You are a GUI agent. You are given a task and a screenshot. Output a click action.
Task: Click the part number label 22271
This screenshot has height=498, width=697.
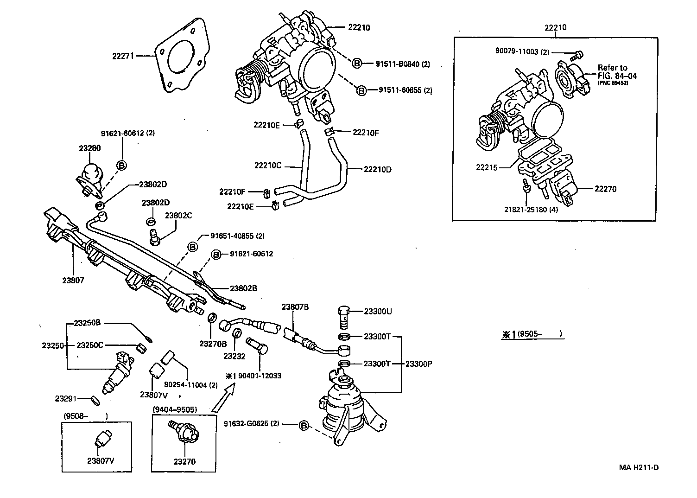tap(123, 56)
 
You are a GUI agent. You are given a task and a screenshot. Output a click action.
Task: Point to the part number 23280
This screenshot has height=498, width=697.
tap(89, 148)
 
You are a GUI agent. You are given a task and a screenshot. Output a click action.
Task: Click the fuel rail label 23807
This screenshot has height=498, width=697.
tap(73, 280)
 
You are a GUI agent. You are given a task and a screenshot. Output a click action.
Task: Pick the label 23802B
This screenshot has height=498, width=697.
tap(243, 288)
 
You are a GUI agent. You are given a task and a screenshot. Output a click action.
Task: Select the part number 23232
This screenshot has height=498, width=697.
tap(234, 356)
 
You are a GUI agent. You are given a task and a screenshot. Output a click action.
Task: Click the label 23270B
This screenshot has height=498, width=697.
tap(213, 344)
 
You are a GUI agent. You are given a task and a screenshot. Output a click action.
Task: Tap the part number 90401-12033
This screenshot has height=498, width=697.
tap(260, 376)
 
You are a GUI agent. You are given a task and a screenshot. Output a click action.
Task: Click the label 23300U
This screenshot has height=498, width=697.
tap(377, 311)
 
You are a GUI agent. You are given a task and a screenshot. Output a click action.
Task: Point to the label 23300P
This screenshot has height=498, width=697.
tap(418, 364)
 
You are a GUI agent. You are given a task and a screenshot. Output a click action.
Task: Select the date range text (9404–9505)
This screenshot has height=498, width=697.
tap(175, 409)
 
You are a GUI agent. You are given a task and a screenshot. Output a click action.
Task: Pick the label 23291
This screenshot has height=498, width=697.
tap(65, 398)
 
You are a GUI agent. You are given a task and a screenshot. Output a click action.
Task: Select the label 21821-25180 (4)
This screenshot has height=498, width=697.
tap(531, 209)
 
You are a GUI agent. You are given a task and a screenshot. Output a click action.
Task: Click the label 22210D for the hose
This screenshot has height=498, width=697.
tap(377, 169)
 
